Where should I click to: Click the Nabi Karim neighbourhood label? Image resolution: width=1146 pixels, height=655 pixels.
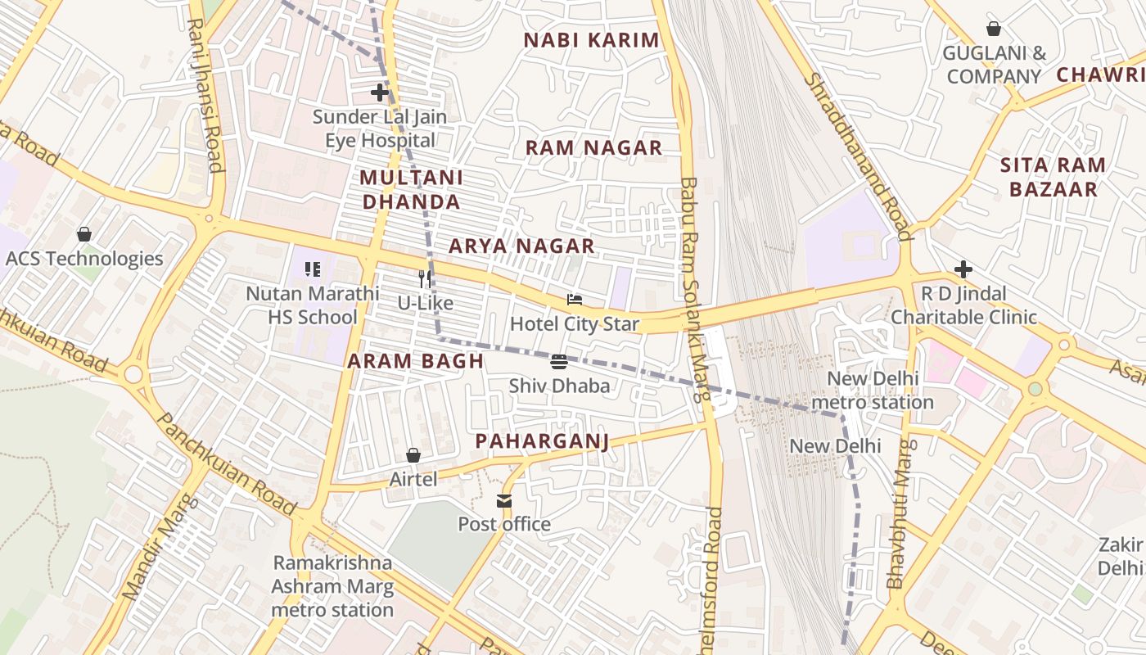click(591, 40)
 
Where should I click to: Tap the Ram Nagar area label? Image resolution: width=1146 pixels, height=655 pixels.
click(593, 148)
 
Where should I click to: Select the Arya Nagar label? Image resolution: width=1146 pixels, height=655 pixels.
click(521, 246)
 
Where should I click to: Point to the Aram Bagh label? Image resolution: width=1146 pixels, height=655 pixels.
click(415, 361)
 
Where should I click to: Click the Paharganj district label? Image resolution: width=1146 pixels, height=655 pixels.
click(542, 442)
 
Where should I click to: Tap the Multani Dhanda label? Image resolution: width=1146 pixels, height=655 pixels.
click(411, 190)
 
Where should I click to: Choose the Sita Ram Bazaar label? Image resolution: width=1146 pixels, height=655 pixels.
click(1053, 178)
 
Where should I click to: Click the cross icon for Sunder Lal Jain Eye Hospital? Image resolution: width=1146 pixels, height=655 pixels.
click(380, 93)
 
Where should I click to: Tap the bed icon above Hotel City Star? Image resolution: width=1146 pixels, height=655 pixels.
click(575, 300)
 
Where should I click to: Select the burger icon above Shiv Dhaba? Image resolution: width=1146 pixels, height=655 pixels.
click(560, 362)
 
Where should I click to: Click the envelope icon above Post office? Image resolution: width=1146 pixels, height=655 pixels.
click(504, 500)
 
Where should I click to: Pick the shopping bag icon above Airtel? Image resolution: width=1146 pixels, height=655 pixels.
click(413, 455)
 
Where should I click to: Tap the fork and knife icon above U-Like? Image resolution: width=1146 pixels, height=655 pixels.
click(425, 279)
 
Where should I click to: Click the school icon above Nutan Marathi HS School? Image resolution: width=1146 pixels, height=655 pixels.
click(312, 269)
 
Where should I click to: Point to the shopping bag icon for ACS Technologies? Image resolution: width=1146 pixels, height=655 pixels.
click(83, 235)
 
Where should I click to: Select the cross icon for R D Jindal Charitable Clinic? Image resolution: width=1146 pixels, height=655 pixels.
click(963, 269)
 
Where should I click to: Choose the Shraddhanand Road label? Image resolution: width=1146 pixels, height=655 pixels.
click(858, 156)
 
